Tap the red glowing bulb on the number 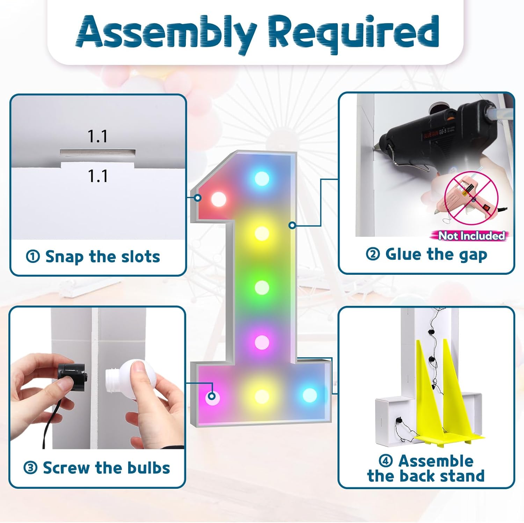(219, 199)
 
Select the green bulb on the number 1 (262, 288)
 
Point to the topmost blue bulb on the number (262, 178)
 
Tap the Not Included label (471, 236)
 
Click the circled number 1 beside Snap (33, 257)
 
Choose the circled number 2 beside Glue (373, 254)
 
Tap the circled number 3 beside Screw (30, 468)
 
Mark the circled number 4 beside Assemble (386, 461)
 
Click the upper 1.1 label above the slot (97, 137)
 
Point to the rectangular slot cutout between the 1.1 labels (98, 152)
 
